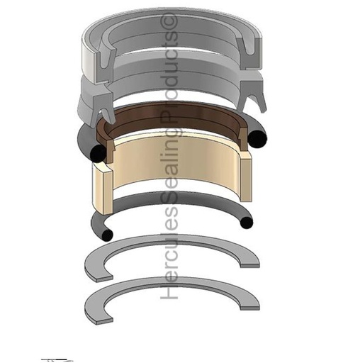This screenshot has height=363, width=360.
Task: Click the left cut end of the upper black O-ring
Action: tap(99, 153)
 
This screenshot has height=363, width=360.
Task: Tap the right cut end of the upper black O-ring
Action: tap(258, 140)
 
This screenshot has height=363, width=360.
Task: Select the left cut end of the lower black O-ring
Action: tap(107, 235)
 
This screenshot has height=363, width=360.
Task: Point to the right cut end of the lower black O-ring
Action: tap(247, 223)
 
